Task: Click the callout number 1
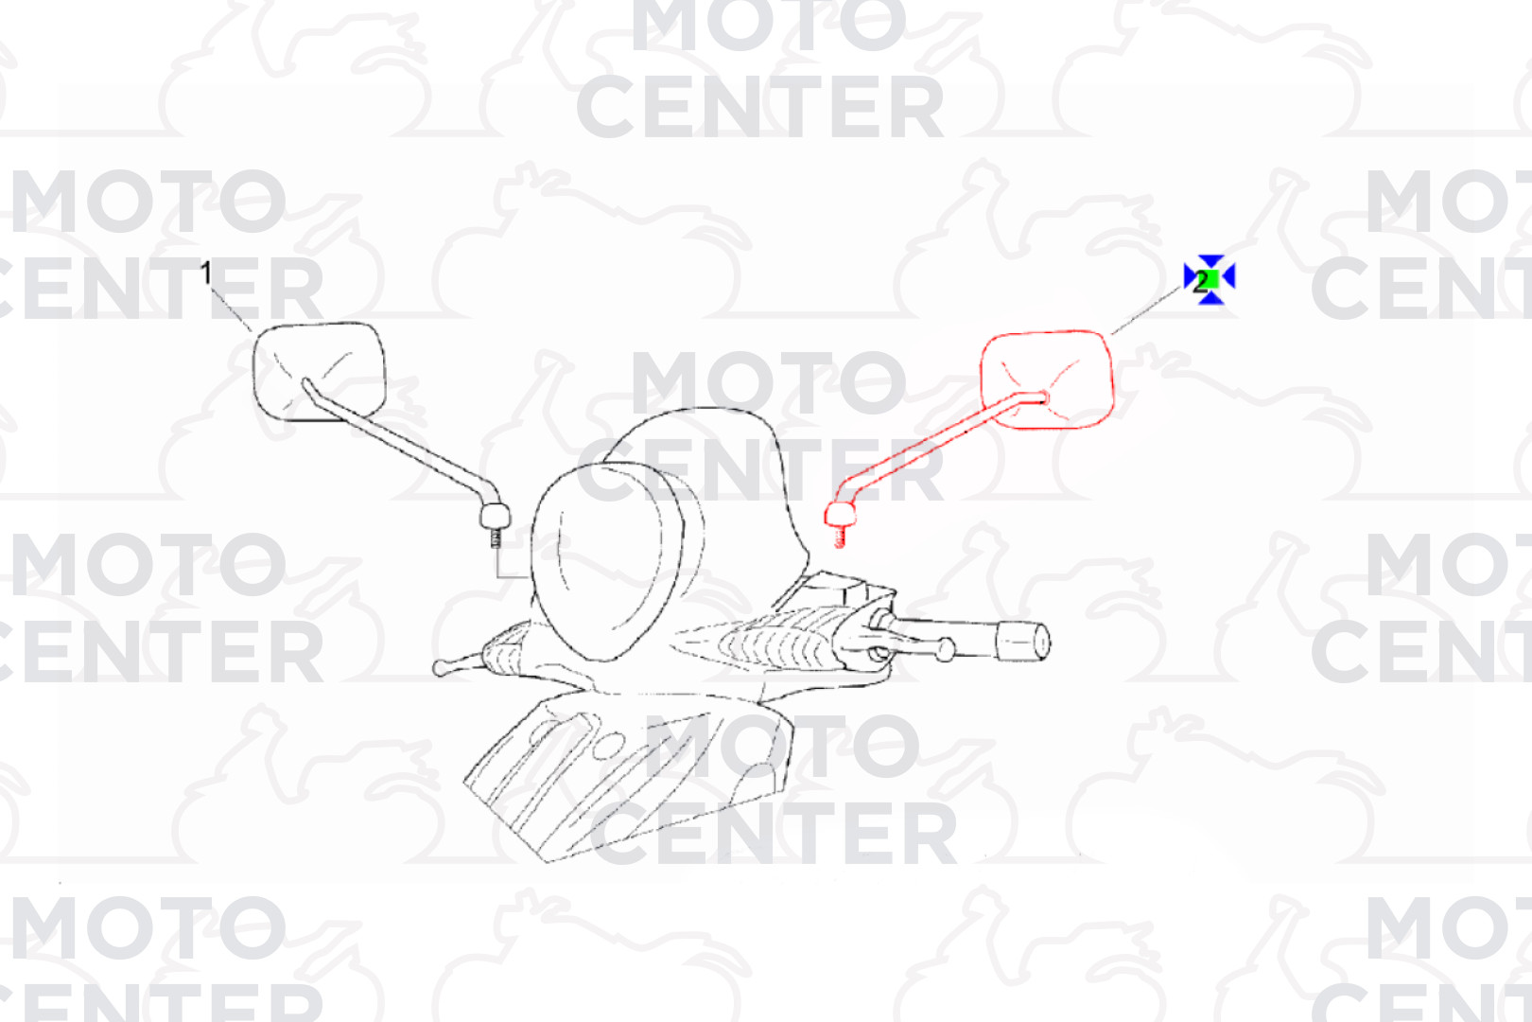pos(206,273)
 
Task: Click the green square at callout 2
pos(1210,279)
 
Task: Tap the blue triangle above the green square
pos(1210,261)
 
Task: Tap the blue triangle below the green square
pos(1210,297)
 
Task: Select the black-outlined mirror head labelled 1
pos(320,371)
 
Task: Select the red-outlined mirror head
pos(1047,379)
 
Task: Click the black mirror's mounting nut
pos(495,516)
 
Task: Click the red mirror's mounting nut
pos(841,514)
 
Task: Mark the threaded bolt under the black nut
pos(496,538)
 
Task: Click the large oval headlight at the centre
pos(601,561)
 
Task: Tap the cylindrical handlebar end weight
pos(1022,642)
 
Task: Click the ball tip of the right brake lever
pos(945,649)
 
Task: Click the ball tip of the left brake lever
pos(441,667)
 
